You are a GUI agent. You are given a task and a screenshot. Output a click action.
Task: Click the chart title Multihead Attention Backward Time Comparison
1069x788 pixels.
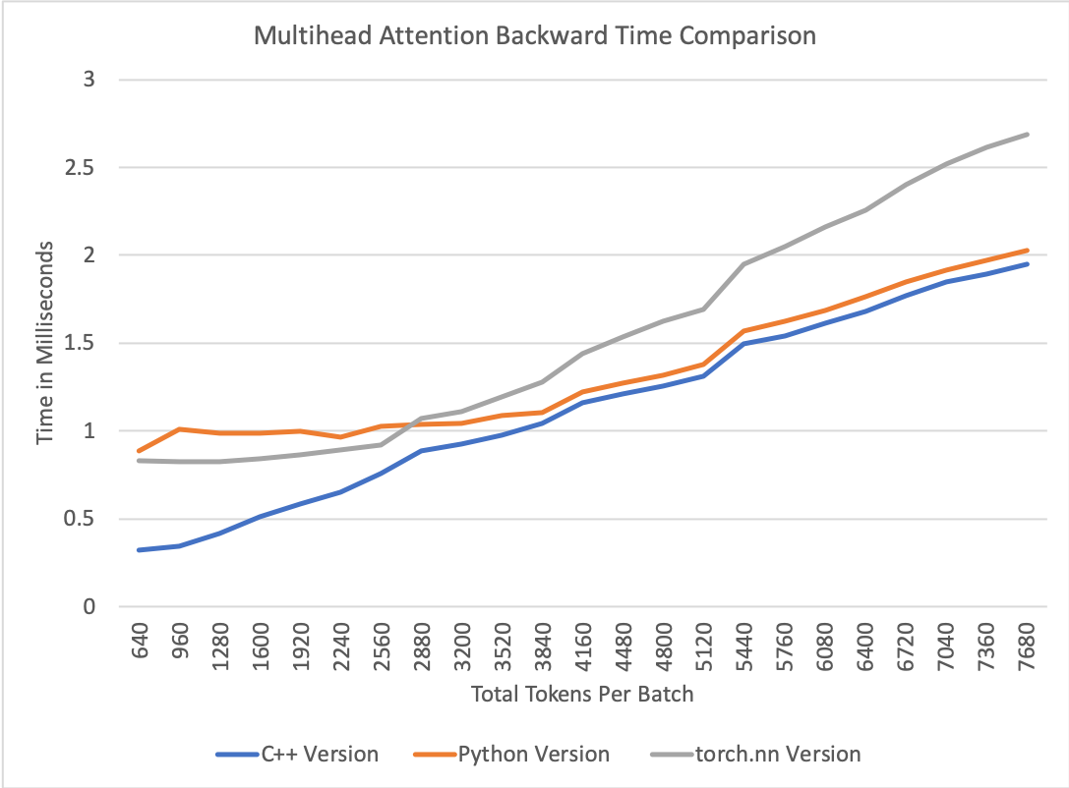(535, 37)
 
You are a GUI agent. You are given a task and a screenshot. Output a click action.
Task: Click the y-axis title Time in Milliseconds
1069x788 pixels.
(45, 344)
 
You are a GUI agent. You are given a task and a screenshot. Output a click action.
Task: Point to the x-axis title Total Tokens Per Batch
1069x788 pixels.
(582, 695)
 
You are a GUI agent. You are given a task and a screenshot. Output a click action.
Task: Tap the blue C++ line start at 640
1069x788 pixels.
(140, 550)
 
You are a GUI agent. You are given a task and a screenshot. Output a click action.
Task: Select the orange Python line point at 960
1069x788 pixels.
(180, 429)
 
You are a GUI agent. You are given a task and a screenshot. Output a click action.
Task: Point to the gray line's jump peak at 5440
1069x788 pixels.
(745, 263)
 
